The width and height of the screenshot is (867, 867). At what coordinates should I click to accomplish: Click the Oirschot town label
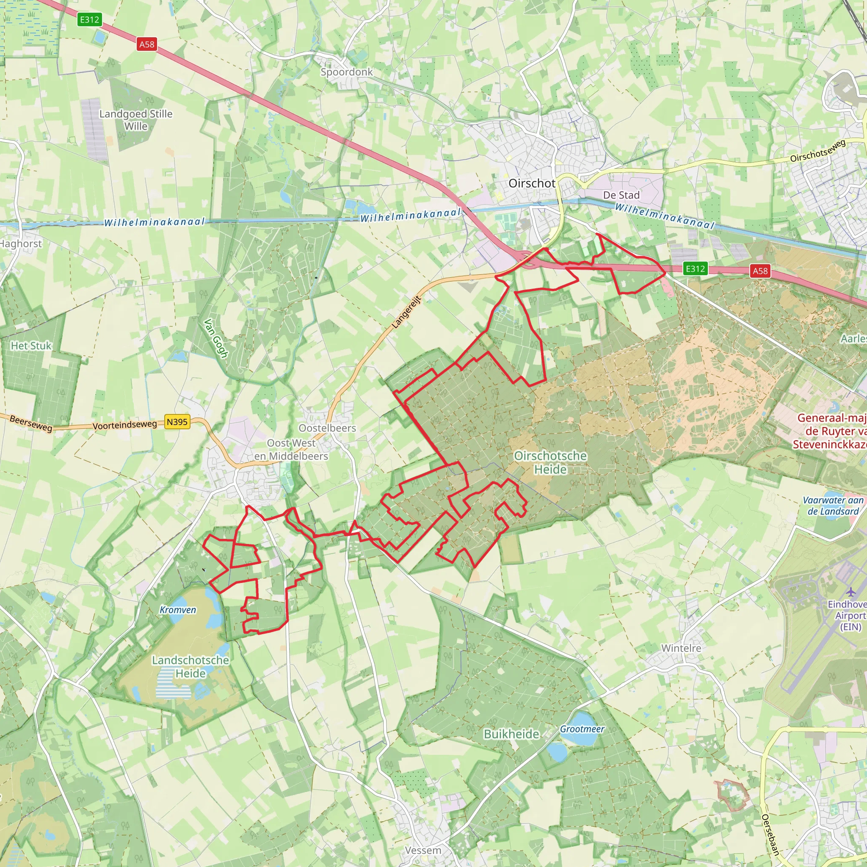point(532,184)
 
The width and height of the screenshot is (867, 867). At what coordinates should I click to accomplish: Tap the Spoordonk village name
point(346,72)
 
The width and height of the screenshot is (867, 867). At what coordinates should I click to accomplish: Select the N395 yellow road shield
point(177,422)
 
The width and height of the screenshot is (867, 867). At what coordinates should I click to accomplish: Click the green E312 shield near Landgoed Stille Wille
point(89,19)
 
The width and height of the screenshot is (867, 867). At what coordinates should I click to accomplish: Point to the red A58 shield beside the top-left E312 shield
point(147,44)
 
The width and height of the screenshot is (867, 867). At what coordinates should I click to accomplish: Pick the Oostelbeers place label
point(327,428)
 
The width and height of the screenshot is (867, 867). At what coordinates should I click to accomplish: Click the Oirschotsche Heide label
point(550,462)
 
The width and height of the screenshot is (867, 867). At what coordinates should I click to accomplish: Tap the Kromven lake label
point(178,610)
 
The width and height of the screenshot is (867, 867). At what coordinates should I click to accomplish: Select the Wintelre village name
point(681,648)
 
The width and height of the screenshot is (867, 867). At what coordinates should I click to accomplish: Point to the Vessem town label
point(423,850)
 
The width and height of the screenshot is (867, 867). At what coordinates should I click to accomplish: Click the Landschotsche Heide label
point(190,666)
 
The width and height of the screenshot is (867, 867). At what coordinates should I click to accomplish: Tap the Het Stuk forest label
point(31,345)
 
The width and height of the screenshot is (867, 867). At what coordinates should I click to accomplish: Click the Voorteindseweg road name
point(125,425)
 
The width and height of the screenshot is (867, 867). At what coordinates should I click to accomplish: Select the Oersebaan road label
point(770,835)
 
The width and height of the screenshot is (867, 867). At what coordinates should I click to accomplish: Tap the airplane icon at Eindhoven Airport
point(850,592)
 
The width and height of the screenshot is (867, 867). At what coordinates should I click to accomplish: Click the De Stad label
point(621,195)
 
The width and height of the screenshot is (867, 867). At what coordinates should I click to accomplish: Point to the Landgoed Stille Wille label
point(136,120)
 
